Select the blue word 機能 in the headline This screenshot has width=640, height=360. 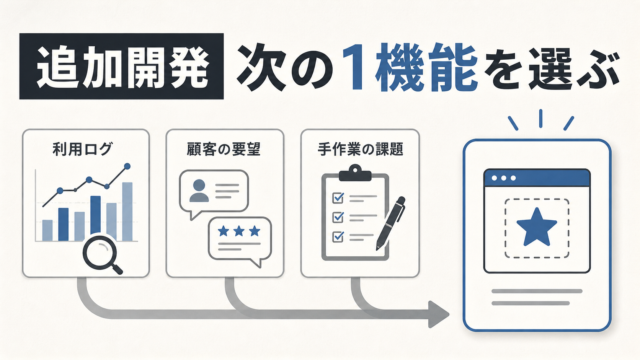tap(426, 67)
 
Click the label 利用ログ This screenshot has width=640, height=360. tap(82, 149)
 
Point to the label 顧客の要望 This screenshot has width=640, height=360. tap(224, 149)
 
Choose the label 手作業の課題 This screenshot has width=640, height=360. tap(360, 149)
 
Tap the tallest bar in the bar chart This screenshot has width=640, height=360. tap(127, 212)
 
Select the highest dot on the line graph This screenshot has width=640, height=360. tap(127, 166)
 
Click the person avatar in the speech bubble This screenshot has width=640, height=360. tap(199, 191)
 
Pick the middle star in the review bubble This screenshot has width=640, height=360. tap(239, 231)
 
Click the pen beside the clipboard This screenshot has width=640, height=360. tap(391, 223)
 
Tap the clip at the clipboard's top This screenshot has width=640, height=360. tap(355, 173)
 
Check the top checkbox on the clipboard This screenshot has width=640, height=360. tap(338, 197)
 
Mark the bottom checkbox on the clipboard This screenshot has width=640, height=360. tap(338, 237)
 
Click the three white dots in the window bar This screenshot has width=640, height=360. tap(504, 178)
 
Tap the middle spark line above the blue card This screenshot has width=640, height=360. tap(540, 119)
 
